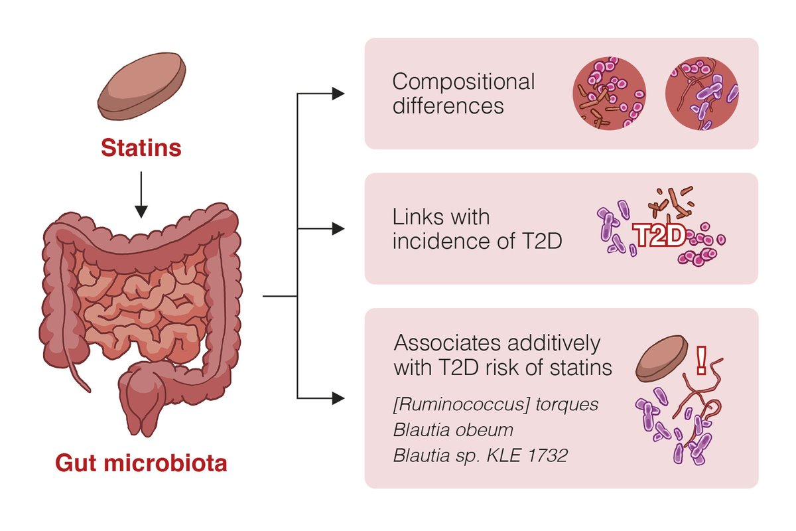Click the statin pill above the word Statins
141,90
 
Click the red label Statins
141,147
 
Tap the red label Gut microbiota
141,463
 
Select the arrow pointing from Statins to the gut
141,193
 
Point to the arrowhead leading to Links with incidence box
338,229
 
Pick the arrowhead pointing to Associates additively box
338,398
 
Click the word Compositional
463,82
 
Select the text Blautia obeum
453,430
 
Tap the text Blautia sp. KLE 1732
480,456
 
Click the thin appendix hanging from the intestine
78,365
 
